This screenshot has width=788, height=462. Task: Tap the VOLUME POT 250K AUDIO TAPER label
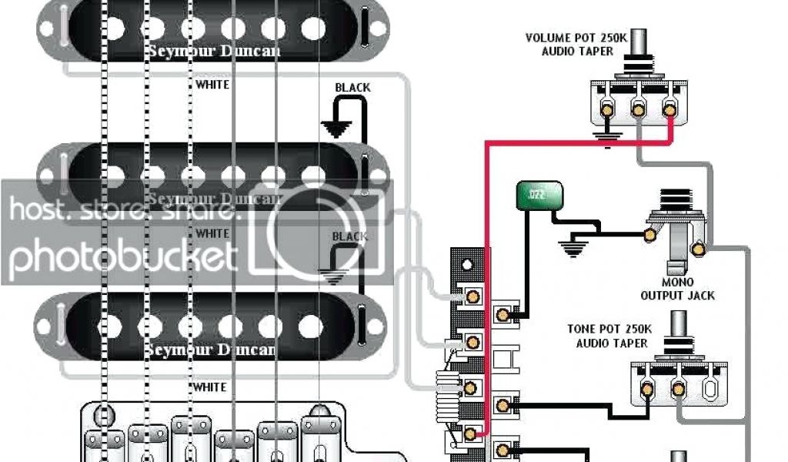point(569,44)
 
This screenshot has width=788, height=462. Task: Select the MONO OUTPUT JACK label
point(677,289)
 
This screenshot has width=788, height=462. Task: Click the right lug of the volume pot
point(669,110)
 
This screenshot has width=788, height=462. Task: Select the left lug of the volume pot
point(606,111)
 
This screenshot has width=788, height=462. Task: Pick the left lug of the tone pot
point(647,389)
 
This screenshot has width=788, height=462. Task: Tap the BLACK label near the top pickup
point(352,88)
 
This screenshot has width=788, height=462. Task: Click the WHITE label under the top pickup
point(212,84)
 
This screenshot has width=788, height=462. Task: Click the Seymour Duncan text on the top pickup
point(214,52)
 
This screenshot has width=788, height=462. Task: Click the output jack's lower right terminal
point(699,248)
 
